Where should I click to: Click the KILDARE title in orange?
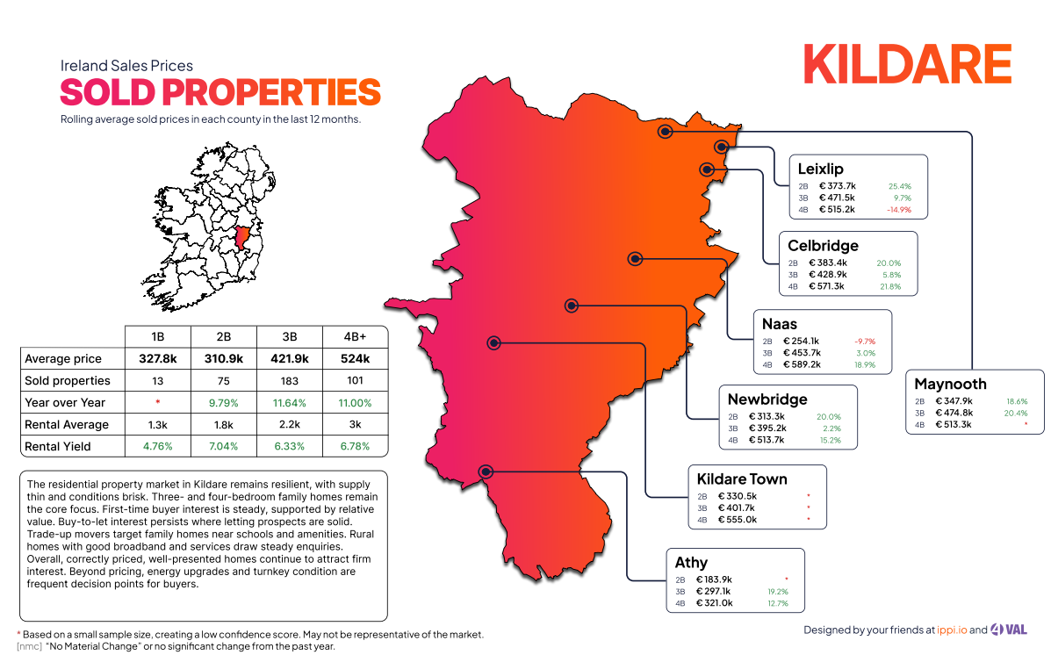coord(907,64)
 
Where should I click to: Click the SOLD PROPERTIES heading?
coord(220,92)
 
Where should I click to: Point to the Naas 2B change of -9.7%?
coord(865,342)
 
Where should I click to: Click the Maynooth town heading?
coord(950,384)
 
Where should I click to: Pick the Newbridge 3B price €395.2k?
coord(767,428)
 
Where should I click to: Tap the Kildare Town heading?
coord(741,479)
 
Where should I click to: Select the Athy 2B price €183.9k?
coord(714,579)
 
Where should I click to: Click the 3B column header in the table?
coord(289,336)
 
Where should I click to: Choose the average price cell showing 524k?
coord(354,359)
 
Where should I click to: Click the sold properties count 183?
coord(289,381)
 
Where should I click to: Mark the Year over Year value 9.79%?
coord(223,403)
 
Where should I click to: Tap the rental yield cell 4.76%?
coord(158,447)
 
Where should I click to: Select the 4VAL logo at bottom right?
coord(1015,630)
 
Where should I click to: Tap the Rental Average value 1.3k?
coord(158,425)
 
